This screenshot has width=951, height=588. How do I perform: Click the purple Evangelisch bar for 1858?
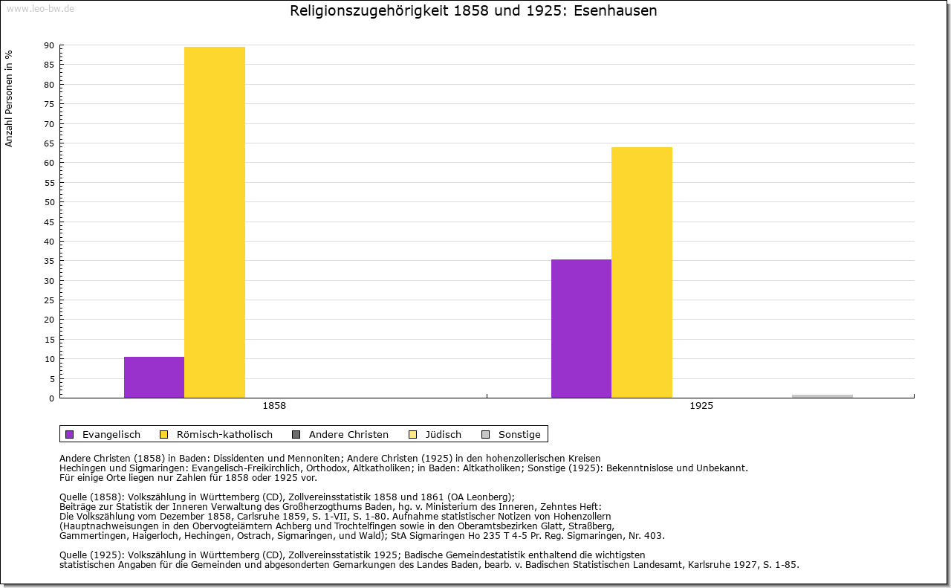click(x=154, y=378)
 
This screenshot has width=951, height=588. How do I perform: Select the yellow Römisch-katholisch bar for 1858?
click(x=215, y=223)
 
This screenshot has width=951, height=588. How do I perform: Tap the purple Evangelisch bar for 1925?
click(x=581, y=329)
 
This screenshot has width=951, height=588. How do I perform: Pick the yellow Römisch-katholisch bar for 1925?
click(x=642, y=273)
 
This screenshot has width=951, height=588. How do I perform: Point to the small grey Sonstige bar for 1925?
click(x=822, y=396)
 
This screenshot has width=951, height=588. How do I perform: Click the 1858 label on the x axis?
click(x=274, y=407)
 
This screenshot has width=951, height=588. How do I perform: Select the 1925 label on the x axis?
click(x=701, y=407)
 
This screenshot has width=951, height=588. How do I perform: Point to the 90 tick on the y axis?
click(x=49, y=45)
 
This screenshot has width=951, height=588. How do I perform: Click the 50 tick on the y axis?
click(x=49, y=202)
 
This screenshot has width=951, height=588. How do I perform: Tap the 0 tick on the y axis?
click(x=51, y=398)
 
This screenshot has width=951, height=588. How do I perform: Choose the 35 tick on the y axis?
click(x=49, y=261)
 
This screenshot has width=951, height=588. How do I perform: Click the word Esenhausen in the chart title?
click(x=616, y=11)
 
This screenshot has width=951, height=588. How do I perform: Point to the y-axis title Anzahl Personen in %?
click(x=10, y=98)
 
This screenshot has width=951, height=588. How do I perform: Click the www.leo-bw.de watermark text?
click(x=40, y=8)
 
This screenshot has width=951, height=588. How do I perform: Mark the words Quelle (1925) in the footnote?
click(x=91, y=555)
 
